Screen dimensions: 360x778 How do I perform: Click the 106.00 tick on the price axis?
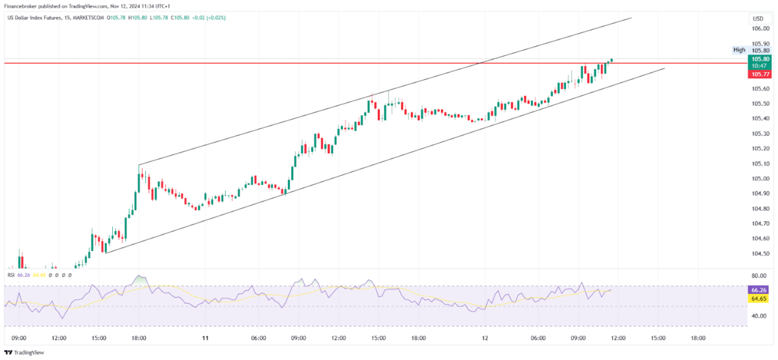(760, 29)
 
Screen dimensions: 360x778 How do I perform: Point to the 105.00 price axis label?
(760, 178)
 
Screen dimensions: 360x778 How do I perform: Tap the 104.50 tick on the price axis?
(760, 254)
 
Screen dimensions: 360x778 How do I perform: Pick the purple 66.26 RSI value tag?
(759, 290)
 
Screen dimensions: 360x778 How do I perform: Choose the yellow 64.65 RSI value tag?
(759, 299)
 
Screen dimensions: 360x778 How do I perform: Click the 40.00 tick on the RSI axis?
(759, 316)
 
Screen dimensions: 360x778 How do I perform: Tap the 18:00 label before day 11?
(139, 338)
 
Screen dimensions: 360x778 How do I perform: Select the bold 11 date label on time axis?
(205, 338)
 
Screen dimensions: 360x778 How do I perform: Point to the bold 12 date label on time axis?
(484, 338)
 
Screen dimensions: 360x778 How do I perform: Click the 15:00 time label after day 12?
(658, 338)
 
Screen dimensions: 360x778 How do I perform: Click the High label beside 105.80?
(739, 50)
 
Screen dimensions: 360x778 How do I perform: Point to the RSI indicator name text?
(11, 275)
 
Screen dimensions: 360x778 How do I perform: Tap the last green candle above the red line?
(611, 60)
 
